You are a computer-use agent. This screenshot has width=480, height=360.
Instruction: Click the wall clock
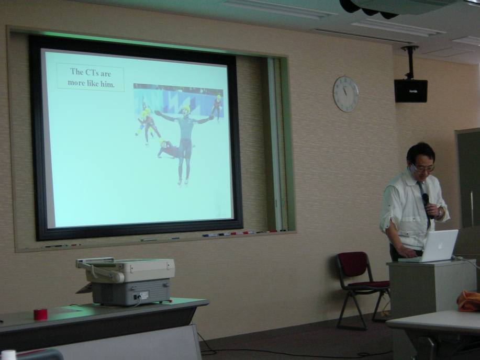(x=345, y=94)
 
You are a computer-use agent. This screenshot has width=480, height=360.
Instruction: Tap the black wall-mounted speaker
(x=410, y=91)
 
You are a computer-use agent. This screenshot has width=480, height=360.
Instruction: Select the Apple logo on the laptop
(x=439, y=245)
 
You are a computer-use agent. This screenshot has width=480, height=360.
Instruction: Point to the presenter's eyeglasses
(x=423, y=168)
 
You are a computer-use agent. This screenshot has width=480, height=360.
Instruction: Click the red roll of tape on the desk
(x=40, y=314)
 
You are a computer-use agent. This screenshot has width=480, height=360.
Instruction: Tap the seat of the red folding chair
(x=369, y=285)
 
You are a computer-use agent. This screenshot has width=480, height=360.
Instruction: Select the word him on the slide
(x=107, y=84)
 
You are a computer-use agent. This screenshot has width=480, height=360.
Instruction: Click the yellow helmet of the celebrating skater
(x=186, y=108)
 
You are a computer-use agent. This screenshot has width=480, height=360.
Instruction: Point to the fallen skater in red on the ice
(x=168, y=149)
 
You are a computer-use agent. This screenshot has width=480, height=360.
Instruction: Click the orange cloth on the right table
(x=469, y=301)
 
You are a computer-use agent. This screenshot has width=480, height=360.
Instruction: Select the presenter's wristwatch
(x=440, y=212)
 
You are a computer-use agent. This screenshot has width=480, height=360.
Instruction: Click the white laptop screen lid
(x=440, y=245)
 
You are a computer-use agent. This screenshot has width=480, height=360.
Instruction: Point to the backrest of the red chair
(x=352, y=264)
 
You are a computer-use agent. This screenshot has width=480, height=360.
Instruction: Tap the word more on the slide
(x=76, y=83)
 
